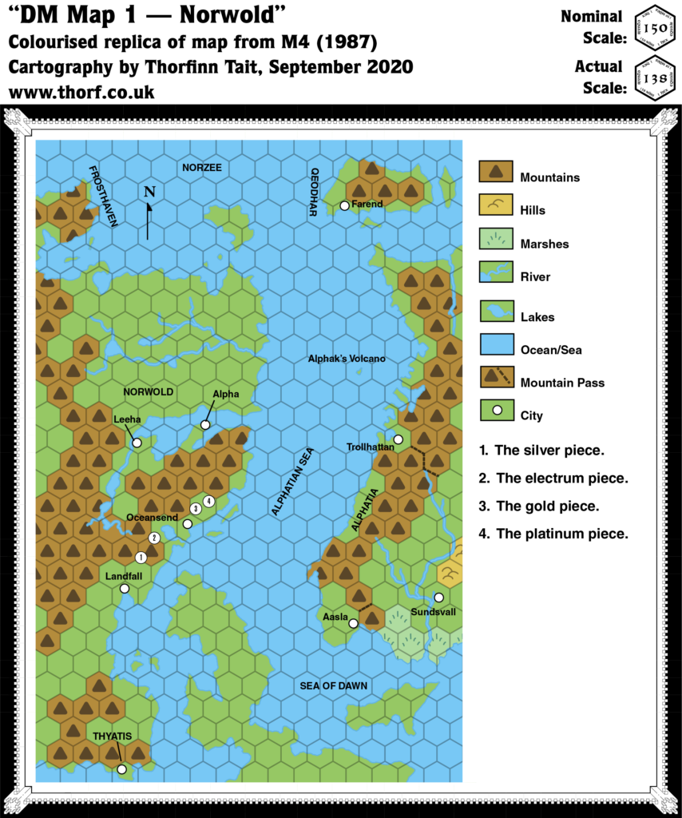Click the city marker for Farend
click(344, 205)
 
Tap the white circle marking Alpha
click(205, 424)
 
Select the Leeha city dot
click(137, 442)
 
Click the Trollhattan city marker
click(398, 439)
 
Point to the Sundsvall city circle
click(438, 597)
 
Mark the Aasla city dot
click(353, 623)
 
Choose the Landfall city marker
click(125, 589)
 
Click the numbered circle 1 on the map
click(141, 557)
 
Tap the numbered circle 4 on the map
click(208, 501)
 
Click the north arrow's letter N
click(149, 192)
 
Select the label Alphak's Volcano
click(347, 359)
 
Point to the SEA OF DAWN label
click(334, 685)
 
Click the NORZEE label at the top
click(201, 167)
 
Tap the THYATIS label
click(112, 736)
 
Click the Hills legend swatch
click(495, 205)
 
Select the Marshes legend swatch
click(495, 239)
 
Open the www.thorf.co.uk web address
click(81, 92)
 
